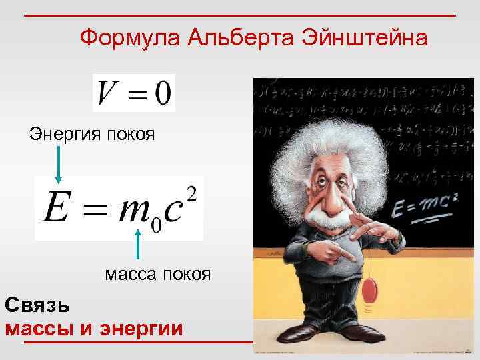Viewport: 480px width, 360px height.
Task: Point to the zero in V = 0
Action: point(162,93)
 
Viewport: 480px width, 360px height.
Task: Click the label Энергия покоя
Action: point(92,135)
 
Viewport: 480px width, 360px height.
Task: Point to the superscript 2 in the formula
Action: point(192,193)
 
